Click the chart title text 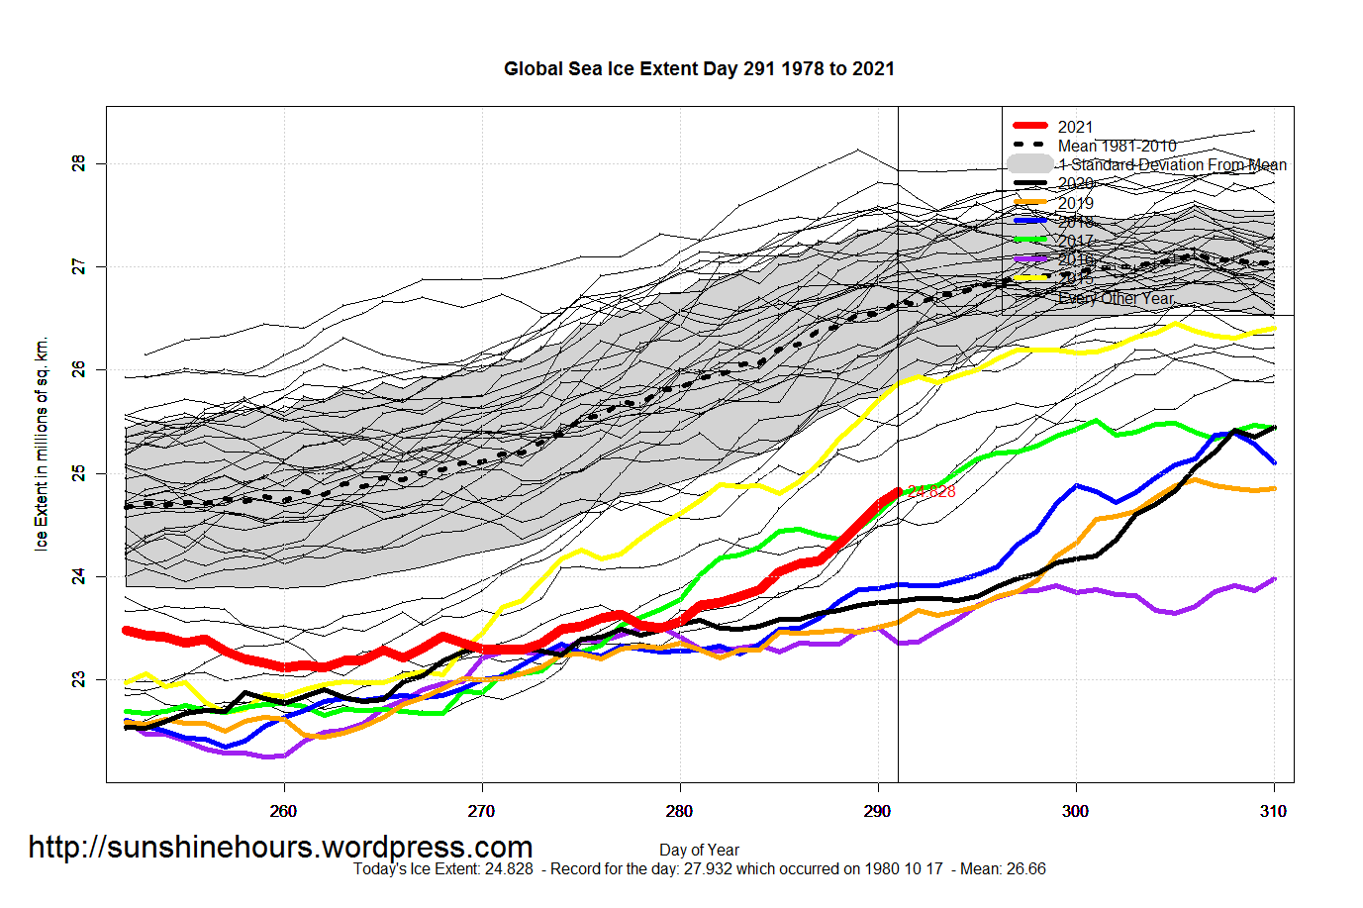pyautogui.click(x=699, y=69)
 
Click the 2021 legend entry pyautogui.click(x=1075, y=127)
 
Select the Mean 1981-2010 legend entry pyautogui.click(x=1117, y=146)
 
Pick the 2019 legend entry pyautogui.click(x=1075, y=203)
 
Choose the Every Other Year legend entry pyautogui.click(x=1116, y=298)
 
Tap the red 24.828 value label pyautogui.click(x=931, y=491)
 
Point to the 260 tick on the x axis pyautogui.click(x=283, y=812)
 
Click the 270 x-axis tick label pyautogui.click(x=481, y=812)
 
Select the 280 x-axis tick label pyautogui.click(x=679, y=812)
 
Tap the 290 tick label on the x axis pyautogui.click(x=877, y=812)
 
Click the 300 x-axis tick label pyautogui.click(x=1075, y=812)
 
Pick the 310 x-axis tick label pyautogui.click(x=1273, y=812)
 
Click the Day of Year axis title pyautogui.click(x=699, y=850)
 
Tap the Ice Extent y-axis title pyautogui.click(x=42, y=444)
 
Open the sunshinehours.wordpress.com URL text pyautogui.click(x=280, y=848)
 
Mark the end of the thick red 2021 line pyautogui.click(x=898, y=491)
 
